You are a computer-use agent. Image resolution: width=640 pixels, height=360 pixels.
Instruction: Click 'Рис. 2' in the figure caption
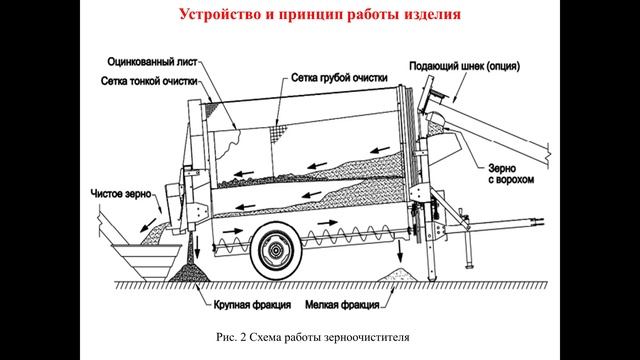[231, 336]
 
